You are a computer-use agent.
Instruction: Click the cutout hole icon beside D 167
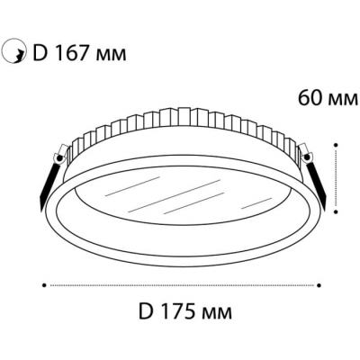[13, 51]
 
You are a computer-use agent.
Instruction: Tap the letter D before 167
[39, 53]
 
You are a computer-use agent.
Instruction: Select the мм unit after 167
[110, 55]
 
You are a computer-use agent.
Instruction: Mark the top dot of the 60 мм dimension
[336, 145]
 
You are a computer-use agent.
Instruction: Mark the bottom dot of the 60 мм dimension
[336, 211]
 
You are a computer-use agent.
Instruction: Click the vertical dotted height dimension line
[336, 178]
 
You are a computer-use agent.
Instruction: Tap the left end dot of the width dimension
[44, 285]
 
